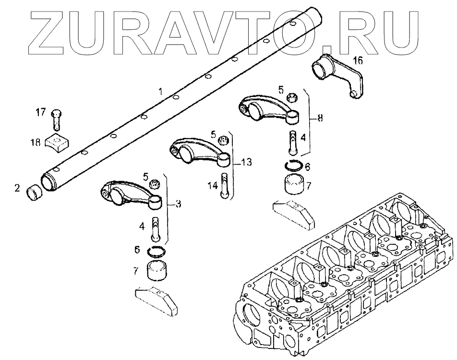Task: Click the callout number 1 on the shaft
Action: [161, 91]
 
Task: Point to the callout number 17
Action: [41, 112]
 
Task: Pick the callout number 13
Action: [246, 162]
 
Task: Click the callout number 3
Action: [178, 204]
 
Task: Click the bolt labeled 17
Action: [56, 119]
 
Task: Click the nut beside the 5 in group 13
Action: [222, 140]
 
